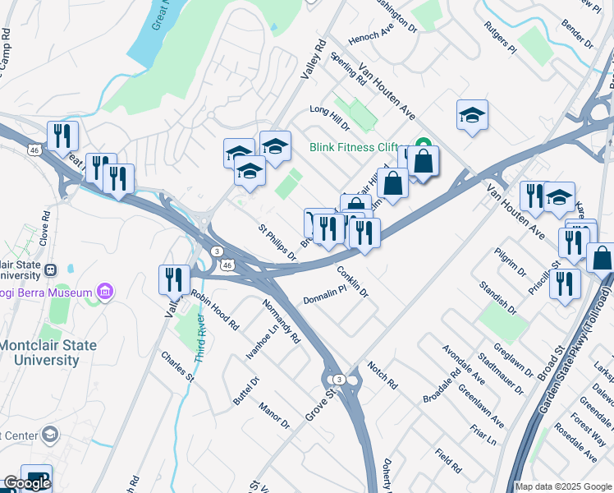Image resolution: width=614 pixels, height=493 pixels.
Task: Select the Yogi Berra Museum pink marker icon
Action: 104,291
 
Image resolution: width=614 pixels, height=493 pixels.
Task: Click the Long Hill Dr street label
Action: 329,117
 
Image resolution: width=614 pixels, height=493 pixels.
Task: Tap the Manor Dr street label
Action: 274,415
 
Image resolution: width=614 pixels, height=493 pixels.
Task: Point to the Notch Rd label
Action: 382,376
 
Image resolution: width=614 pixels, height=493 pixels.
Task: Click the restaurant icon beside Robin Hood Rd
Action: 174,279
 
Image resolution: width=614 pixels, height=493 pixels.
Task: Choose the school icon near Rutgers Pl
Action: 472,115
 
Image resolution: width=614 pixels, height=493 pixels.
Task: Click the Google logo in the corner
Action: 26,482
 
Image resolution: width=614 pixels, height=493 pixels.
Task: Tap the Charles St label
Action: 177,367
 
